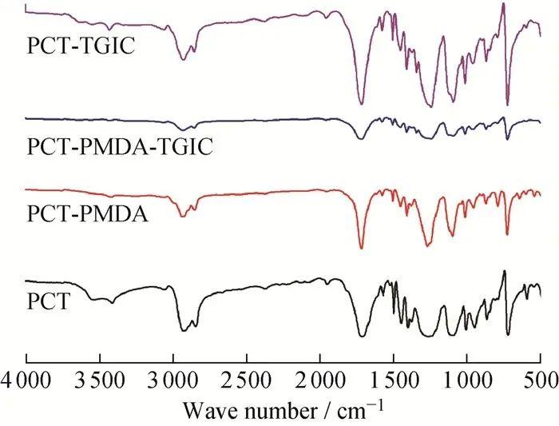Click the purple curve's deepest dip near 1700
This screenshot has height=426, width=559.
[x=362, y=103]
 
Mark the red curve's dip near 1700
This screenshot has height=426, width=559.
[x=362, y=247]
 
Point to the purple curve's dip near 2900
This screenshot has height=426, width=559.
[x=184, y=59]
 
